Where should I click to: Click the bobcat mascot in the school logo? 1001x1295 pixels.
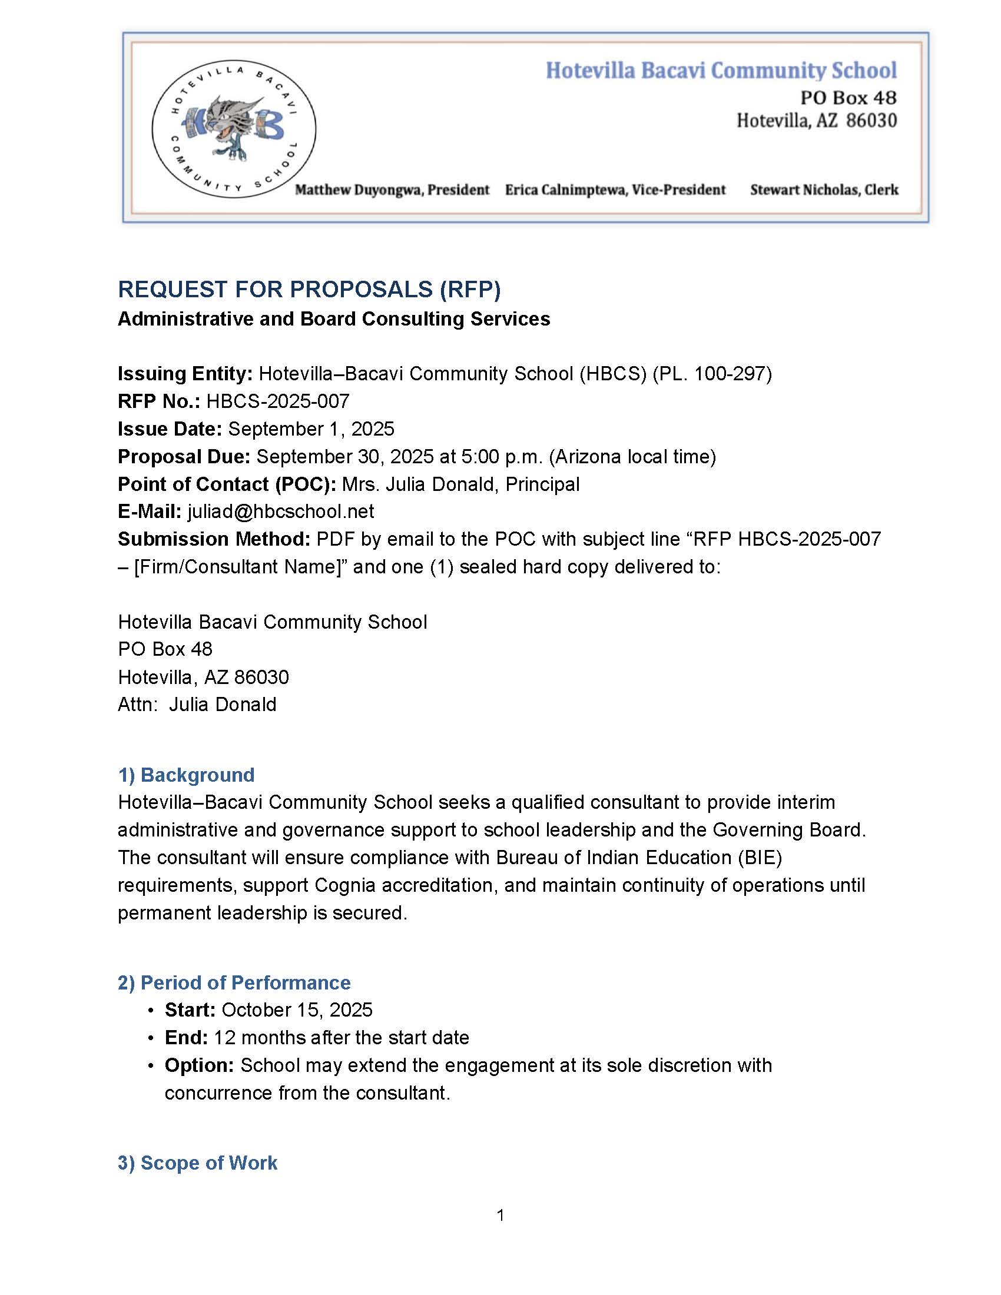click(x=233, y=126)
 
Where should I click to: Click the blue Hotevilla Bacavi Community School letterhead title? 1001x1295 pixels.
click(x=721, y=71)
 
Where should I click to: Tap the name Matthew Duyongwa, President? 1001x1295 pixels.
click(x=392, y=190)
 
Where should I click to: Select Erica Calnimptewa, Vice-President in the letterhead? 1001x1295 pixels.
click(x=615, y=190)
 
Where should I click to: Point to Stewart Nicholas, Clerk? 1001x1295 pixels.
click(x=824, y=190)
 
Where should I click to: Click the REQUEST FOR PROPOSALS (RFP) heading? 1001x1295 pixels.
click(x=309, y=290)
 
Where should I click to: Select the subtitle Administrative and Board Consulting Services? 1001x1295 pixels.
click(x=334, y=319)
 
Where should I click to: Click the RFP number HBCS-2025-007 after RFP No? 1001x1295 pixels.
click(x=277, y=401)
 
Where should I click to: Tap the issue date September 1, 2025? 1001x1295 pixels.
click(x=311, y=429)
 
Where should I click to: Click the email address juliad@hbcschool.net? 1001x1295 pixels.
click(x=280, y=511)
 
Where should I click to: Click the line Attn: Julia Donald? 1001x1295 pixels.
click(x=197, y=705)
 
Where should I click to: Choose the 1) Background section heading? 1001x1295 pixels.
click(x=186, y=775)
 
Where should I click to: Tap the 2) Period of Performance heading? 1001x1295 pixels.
click(x=234, y=982)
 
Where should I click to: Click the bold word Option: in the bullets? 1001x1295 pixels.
click(x=199, y=1065)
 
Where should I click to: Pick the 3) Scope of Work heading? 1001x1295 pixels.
click(x=197, y=1163)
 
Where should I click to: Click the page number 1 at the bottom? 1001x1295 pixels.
click(x=501, y=1216)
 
